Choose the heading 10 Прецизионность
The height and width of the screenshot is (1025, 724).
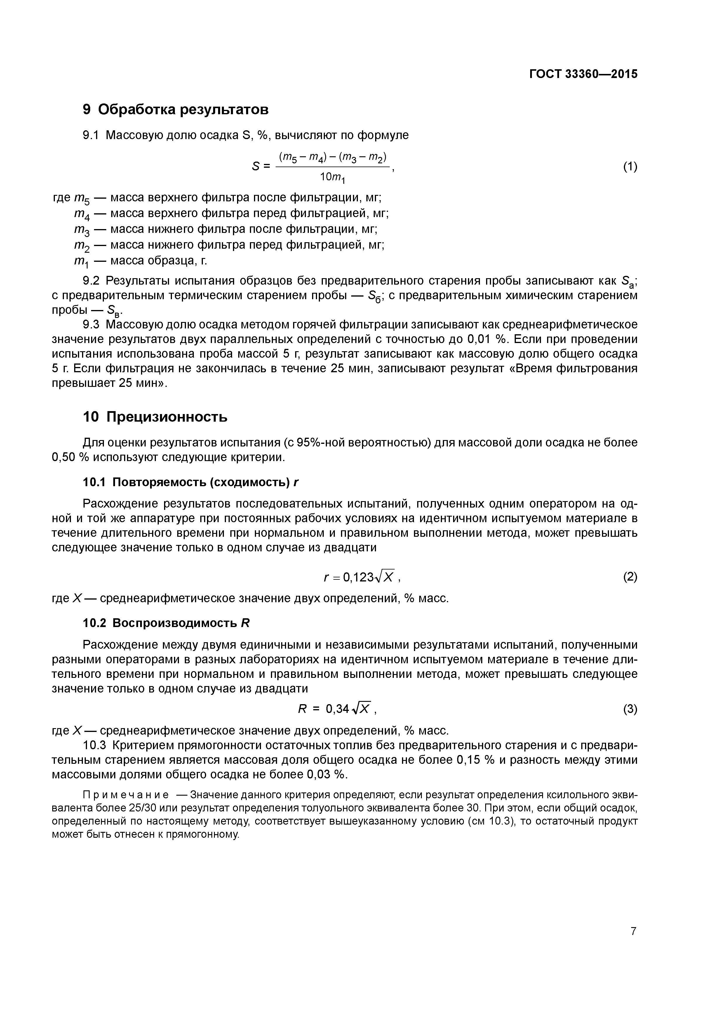click(155, 417)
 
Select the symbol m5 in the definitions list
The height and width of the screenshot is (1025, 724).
click(82, 198)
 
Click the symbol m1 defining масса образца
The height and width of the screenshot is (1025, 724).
click(82, 261)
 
